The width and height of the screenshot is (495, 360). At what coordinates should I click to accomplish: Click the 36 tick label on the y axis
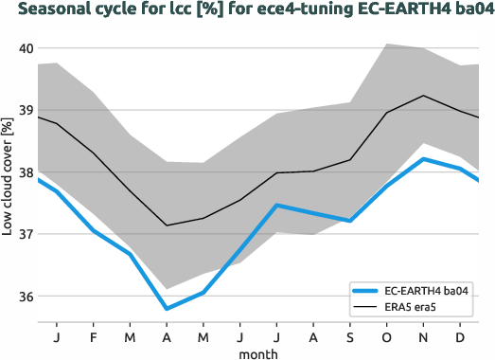(26, 297)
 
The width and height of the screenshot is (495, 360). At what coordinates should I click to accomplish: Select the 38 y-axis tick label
(26, 172)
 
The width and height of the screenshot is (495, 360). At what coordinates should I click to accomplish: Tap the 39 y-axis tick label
(26, 111)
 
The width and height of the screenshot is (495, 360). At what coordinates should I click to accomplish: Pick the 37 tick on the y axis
(26, 235)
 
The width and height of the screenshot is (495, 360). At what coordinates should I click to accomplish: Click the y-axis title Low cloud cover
(8, 186)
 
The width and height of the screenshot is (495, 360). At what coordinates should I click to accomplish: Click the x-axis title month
(257, 353)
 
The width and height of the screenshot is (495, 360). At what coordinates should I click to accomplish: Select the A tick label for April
(167, 336)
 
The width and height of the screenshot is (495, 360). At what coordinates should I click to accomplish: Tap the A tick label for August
(312, 336)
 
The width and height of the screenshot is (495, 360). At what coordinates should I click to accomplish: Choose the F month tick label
(94, 336)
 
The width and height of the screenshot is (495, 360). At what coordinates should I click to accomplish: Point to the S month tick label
(349, 336)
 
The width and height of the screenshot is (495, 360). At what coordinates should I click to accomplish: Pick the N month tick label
(423, 336)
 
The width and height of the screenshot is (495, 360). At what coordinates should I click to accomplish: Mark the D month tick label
(459, 336)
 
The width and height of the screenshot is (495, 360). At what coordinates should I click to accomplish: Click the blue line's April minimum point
(167, 309)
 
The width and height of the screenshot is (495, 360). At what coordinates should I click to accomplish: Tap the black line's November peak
(423, 96)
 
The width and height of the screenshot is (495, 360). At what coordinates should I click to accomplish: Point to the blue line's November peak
(423, 159)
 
